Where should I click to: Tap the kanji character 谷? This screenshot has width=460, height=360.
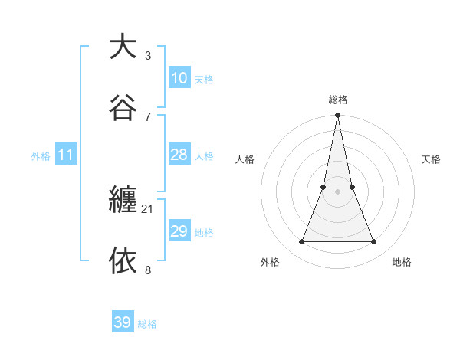tap(123, 106)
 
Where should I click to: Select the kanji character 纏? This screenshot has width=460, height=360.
tap(123, 200)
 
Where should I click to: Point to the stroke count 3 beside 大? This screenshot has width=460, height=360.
tap(148, 55)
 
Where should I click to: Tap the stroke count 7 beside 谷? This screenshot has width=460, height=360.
tap(148, 116)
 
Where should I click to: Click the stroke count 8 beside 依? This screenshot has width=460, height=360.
tap(148, 270)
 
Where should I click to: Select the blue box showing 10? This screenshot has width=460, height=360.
tap(179, 78)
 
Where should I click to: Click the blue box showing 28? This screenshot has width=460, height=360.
tap(179, 155)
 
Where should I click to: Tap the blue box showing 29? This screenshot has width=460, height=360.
tap(179, 231)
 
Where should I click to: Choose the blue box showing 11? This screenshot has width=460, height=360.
tap(66, 155)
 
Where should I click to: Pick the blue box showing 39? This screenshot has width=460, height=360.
tap(123, 322)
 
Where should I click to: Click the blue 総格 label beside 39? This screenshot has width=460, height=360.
tap(147, 324)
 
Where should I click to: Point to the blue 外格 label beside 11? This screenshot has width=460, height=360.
tap(41, 156)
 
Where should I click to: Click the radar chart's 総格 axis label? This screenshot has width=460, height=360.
tap(338, 100)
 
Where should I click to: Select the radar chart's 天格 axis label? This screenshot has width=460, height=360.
tap(431, 159)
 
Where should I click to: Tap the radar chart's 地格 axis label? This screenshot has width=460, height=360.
tap(402, 263)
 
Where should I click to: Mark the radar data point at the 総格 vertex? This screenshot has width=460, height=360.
tap(337, 116)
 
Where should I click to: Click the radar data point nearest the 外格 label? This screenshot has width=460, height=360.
tap(301, 242)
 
